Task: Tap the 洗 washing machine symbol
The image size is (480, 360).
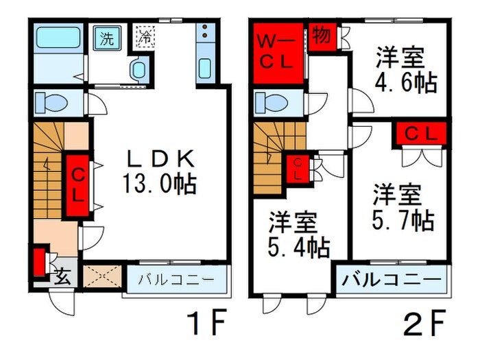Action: click(x=108, y=38)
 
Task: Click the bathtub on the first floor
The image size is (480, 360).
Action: click(x=59, y=38)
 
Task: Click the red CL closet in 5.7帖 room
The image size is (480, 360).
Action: click(x=419, y=134)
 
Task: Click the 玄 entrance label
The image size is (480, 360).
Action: click(x=62, y=276)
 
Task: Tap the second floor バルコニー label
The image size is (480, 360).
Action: click(x=392, y=280)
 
